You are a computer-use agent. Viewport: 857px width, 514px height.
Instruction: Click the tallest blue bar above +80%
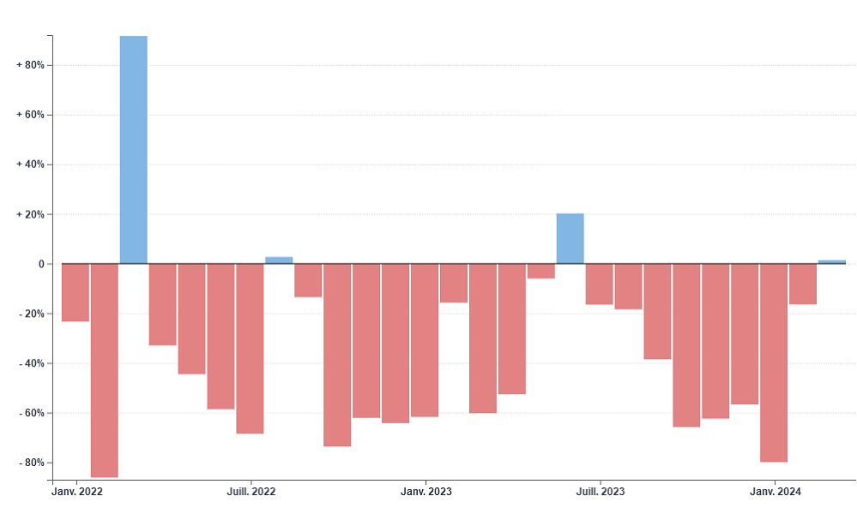(133, 150)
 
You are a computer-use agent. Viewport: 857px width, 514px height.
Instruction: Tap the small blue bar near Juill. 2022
(279, 260)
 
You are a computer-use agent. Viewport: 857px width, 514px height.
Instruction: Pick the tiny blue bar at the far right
(831, 261)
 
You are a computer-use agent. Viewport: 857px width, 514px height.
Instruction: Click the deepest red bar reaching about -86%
(104, 370)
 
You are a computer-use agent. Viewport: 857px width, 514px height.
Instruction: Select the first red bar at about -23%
(75, 292)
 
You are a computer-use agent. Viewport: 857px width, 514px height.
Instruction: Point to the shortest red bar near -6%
(540, 271)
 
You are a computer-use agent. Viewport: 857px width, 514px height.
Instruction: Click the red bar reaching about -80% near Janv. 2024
(773, 362)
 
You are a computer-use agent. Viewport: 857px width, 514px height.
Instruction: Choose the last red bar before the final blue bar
(802, 284)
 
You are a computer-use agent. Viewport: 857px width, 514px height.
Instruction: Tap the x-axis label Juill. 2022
(250, 492)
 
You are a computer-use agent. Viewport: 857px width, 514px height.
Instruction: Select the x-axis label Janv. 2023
(425, 492)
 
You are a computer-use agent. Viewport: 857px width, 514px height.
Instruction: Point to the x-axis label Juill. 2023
(600, 492)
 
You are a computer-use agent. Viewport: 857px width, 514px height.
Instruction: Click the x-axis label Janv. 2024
(775, 492)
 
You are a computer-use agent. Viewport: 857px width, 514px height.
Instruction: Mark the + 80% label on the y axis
(30, 65)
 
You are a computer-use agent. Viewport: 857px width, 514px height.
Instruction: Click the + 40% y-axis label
(30, 164)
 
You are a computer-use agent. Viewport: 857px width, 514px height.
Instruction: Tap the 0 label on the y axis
(40, 264)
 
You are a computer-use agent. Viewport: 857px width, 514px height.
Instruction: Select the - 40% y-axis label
(31, 363)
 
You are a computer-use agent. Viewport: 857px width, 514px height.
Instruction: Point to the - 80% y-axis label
(31, 463)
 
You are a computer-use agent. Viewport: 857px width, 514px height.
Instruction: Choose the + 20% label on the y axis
(30, 214)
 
